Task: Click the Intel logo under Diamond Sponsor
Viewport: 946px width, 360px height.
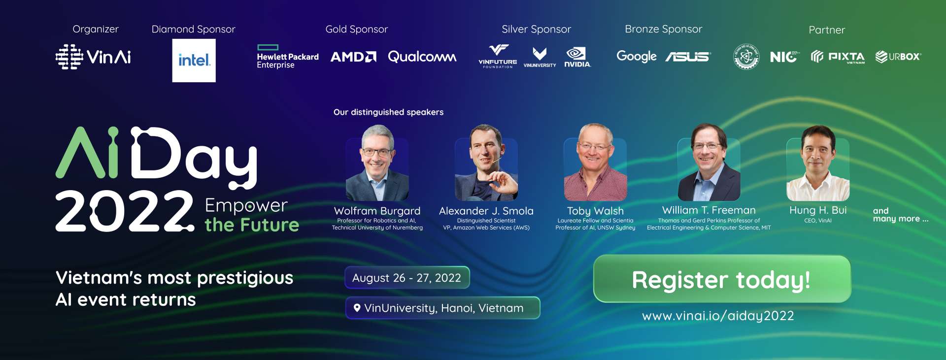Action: pos(194,61)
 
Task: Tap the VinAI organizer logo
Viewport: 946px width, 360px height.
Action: pos(93,57)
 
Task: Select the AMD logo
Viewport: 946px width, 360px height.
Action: pos(353,57)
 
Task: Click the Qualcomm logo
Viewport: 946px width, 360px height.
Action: pos(422,57)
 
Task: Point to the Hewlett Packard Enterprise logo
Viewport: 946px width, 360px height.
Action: pos(288,57)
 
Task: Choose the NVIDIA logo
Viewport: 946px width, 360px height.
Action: pos(577,57)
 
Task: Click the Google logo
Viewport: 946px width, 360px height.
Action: pos(637,57)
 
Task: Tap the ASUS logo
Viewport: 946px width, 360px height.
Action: pos(688,57)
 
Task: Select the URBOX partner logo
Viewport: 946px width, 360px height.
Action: pos(898,57)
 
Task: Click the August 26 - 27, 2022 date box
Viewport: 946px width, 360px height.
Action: pos(407,278)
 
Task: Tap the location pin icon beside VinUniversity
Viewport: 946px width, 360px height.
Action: pos(357,308)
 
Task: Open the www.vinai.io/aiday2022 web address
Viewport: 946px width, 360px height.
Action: pos(718,316)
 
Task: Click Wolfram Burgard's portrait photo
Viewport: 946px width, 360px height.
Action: pos(377,164)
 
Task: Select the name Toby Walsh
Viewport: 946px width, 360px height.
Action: pos(595,211)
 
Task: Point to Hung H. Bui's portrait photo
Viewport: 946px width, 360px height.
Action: pos(818,164)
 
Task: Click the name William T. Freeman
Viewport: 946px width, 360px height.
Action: pos(709,210)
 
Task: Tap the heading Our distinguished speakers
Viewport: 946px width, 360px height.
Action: pos(388,112)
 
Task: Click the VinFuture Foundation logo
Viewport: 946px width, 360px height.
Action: pos(498,56)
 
